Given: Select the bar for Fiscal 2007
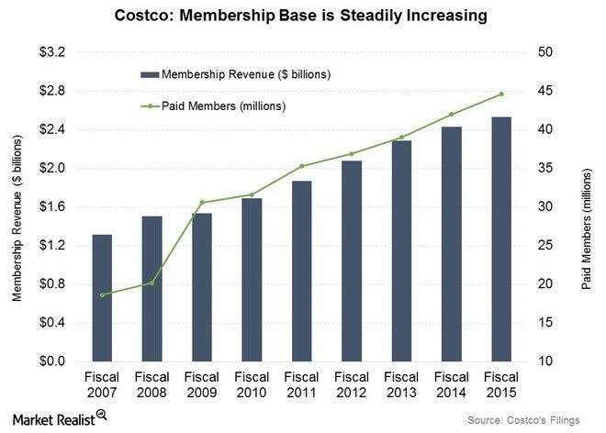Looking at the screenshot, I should (x=103, y=297).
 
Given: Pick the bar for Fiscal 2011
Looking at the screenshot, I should (x=301, y=271).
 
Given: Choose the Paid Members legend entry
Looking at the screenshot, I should (x=220, y=105).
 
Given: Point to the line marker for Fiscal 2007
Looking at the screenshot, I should (x=103, y=294).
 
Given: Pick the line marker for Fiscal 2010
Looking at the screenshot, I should (x=252, y=194).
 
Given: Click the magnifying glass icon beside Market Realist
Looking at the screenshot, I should (x=102, y=416).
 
